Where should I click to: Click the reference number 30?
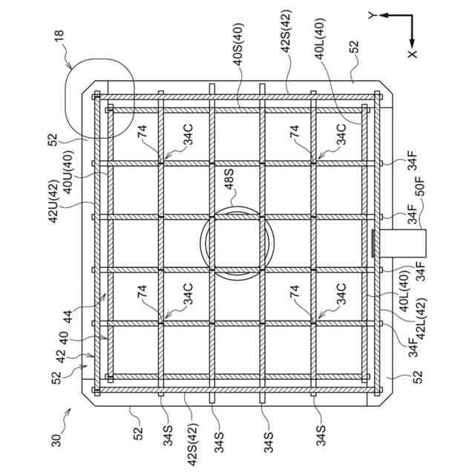56,439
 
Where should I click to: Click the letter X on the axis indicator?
413,53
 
